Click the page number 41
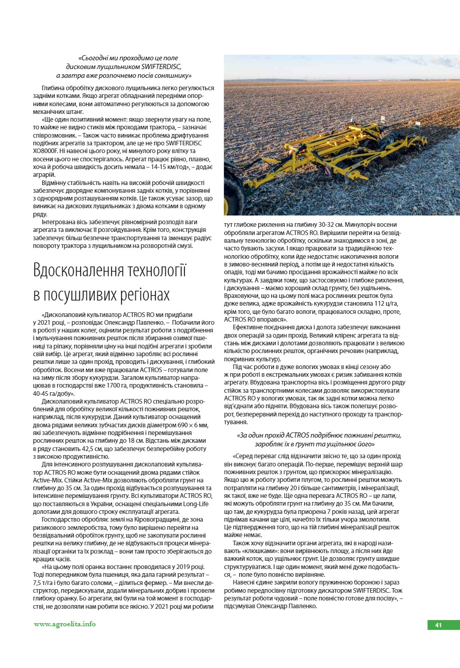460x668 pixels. coord(438,625)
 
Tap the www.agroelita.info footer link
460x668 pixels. coord(64,624)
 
